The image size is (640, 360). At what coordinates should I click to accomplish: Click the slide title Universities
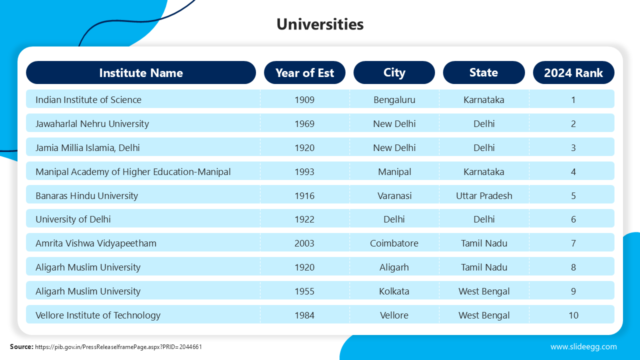coord(320,24)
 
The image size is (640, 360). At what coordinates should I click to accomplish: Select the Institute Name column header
coord(141,72)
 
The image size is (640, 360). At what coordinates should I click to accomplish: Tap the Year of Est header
coord(304,72)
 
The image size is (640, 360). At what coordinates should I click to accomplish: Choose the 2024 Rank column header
coord(573,72)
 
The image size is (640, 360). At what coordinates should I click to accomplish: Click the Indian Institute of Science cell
coord(88,99)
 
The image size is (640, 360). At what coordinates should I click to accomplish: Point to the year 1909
coord(304,99)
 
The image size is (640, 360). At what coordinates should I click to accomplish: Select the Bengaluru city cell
coord(394,99)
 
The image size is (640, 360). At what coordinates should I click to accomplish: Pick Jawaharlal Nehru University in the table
coord(92,123)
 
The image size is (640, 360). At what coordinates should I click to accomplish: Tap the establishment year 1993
coord(304,171)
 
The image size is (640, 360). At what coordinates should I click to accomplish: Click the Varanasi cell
coord(394,195)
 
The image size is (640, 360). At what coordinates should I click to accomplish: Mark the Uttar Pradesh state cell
coord(484,195)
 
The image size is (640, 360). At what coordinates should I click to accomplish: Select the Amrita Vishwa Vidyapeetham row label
coord(96,243)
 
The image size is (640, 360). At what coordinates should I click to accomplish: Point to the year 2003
coord(304,243)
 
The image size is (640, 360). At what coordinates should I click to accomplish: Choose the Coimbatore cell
coord(394,243)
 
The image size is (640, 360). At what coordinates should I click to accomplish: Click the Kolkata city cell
coord(394,291)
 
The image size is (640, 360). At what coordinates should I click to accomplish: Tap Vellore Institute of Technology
coord(98,315)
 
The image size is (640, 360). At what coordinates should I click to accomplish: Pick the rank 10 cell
coord(573,315)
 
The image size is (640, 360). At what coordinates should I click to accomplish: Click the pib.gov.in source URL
coord(118,346)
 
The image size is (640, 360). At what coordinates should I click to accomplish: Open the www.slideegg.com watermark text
coord(583,346)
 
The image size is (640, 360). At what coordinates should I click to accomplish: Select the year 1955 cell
coord(304,291)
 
